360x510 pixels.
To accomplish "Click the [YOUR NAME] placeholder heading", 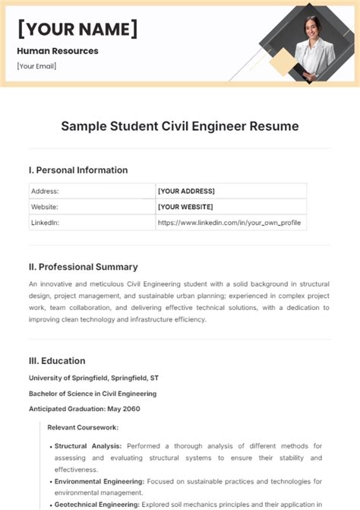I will click(77, 30).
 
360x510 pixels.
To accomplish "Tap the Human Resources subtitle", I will click(58, 51).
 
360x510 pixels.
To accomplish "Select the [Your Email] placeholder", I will click(36, 66).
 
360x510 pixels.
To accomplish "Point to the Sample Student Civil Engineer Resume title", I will click(180, 126).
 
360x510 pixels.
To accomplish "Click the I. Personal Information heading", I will click(77, 170).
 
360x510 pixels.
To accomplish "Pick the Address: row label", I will click(45, 192).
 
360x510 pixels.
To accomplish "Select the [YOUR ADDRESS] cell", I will click(186, 192).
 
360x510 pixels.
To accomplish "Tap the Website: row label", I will click(46, 207).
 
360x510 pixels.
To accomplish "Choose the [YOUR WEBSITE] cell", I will click(185, 207).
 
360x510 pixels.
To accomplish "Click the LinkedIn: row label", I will click(46, 223).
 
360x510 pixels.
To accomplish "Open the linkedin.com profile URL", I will click(229, 223).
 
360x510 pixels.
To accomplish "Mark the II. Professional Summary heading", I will click(83, 267).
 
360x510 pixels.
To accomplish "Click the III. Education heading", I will click(57, 361).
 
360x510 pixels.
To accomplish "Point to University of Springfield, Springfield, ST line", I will click(94, 378).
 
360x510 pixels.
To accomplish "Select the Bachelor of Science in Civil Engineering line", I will click(93, 394).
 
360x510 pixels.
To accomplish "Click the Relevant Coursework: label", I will click(83, 428).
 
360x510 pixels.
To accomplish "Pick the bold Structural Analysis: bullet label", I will click(89, 446).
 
